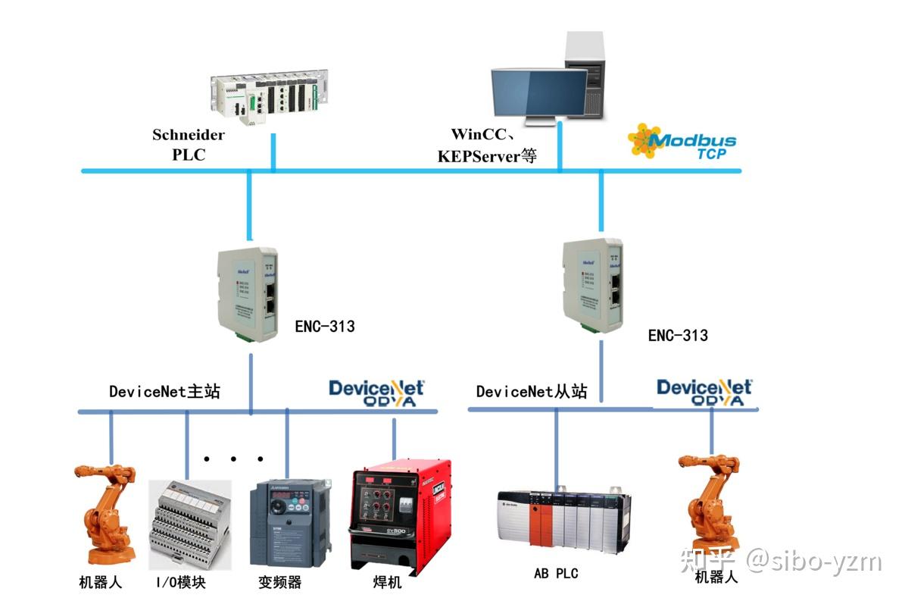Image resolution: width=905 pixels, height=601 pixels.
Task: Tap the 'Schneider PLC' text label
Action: [189, 144]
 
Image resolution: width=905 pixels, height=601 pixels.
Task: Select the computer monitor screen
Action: [538, 90]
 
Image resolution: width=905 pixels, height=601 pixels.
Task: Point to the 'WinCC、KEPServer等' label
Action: [488, 145]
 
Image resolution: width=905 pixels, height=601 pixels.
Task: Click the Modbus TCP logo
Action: [682, 141]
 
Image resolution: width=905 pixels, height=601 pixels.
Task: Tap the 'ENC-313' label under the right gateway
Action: [678, 335]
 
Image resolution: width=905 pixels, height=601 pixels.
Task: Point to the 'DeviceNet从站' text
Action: [531, 391]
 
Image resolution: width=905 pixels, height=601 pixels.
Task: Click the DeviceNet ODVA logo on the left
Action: [376, 393]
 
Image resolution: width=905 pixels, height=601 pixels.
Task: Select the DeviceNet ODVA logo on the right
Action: [704, 392]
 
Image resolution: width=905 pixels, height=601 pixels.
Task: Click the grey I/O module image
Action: [189, 523]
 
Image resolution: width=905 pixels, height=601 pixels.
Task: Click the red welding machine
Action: [401, 515]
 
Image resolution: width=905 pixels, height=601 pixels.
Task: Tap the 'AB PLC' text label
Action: [556, 573]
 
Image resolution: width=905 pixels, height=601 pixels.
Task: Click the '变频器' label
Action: [279, 582]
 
